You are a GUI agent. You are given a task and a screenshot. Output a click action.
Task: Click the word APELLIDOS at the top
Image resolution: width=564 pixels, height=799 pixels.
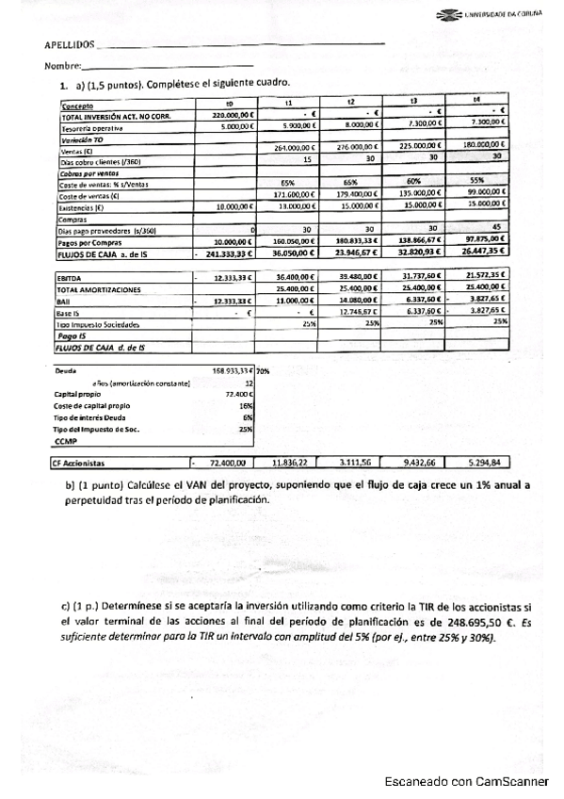tap(70, 45)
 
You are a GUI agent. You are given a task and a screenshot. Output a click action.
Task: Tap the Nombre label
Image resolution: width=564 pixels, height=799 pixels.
tap(62, 66)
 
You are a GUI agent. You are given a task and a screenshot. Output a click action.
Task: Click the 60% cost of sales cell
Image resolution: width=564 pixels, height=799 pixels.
tap(413, 181)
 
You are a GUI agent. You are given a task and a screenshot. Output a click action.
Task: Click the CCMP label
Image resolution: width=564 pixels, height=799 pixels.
tap(66, 440)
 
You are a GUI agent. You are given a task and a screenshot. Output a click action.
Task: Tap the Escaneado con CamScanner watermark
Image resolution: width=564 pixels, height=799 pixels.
tap(465, 781)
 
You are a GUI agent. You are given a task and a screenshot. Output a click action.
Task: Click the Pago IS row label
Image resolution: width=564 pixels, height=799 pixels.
tap(73, 334)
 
